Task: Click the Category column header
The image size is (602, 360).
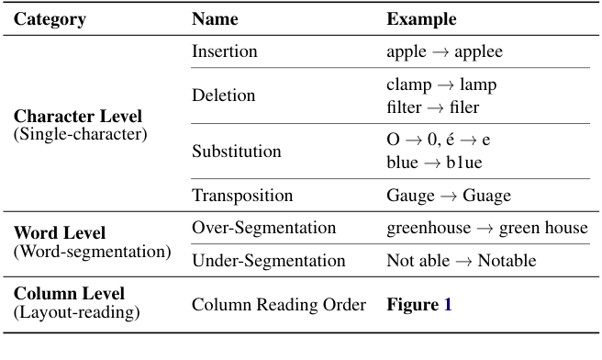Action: point(50,19)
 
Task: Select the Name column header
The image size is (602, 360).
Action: point(215,19)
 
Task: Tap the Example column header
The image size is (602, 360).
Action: point(421,19)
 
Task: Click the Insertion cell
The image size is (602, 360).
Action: point(225,51)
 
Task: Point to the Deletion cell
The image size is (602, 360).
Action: point(223,96)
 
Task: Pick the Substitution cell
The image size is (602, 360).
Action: point(236,152)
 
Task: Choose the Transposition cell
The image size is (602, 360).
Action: point(242,196)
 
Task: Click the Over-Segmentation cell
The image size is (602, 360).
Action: point(263,228)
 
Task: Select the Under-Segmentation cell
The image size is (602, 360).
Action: point(268,261)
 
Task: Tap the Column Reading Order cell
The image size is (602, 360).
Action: point(279,304)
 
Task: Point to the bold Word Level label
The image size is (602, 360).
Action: point(59,234)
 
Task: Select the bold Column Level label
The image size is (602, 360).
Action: point(69,295)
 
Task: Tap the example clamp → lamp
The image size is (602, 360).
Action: point(440,84)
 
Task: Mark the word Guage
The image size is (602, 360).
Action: point(488,196)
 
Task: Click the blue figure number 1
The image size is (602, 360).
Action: point(448,304)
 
